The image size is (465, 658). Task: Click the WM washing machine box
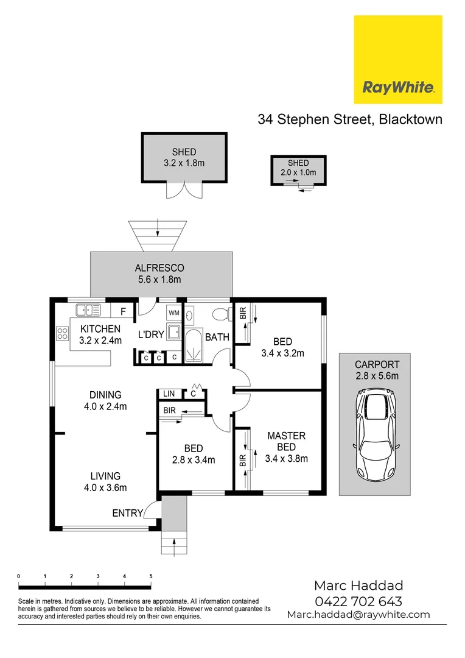tap(174, 313)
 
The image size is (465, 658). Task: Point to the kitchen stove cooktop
tap(62, 333)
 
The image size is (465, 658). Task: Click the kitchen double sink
tap(88, 310)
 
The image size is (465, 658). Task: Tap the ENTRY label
tap(127, 514)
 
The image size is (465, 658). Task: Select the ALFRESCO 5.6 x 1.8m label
tap(159, 274)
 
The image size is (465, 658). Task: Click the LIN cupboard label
tap(169, 394)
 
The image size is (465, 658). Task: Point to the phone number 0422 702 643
tap(358, 601)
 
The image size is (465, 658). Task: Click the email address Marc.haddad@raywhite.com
tap(358, 615)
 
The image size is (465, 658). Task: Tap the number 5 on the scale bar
tap(150, 576)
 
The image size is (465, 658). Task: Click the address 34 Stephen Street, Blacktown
tap(350, 119)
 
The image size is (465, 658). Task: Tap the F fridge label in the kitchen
tap(123, 312)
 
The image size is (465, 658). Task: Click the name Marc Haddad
tap(358, 586)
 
